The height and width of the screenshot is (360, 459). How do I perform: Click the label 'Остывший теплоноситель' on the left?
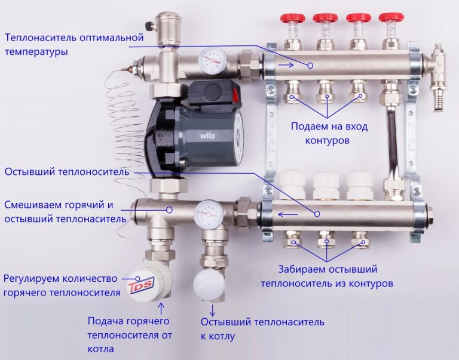click(x=66, y=172)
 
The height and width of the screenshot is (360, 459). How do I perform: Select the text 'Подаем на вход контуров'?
click(x=329, y=133)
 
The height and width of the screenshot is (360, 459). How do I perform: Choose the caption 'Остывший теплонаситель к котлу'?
click(x=262, y=329)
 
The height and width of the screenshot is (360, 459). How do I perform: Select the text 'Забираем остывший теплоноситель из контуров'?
click(x=327, y=276)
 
